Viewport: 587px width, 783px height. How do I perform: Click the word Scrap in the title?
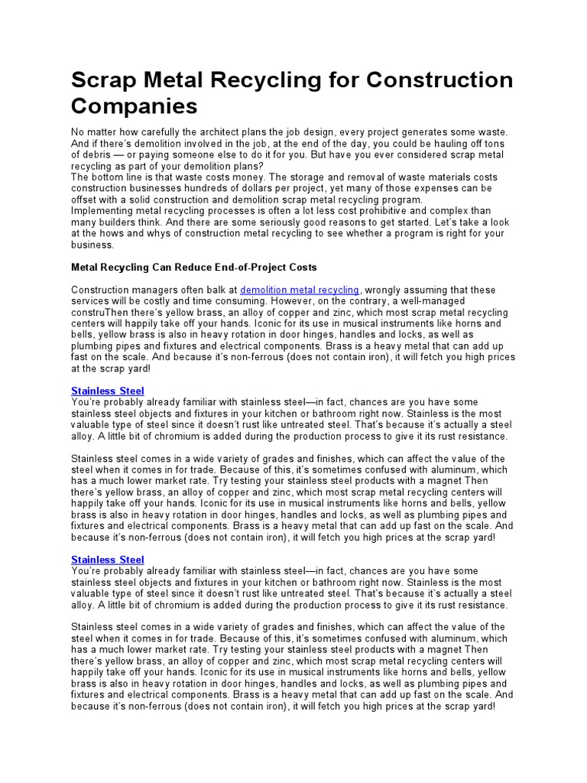point(106,80)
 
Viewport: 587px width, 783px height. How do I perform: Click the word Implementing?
point(102,211)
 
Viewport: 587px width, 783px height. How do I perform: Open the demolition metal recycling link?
point(299,290)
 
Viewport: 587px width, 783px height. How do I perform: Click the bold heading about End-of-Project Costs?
point(193,268)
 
